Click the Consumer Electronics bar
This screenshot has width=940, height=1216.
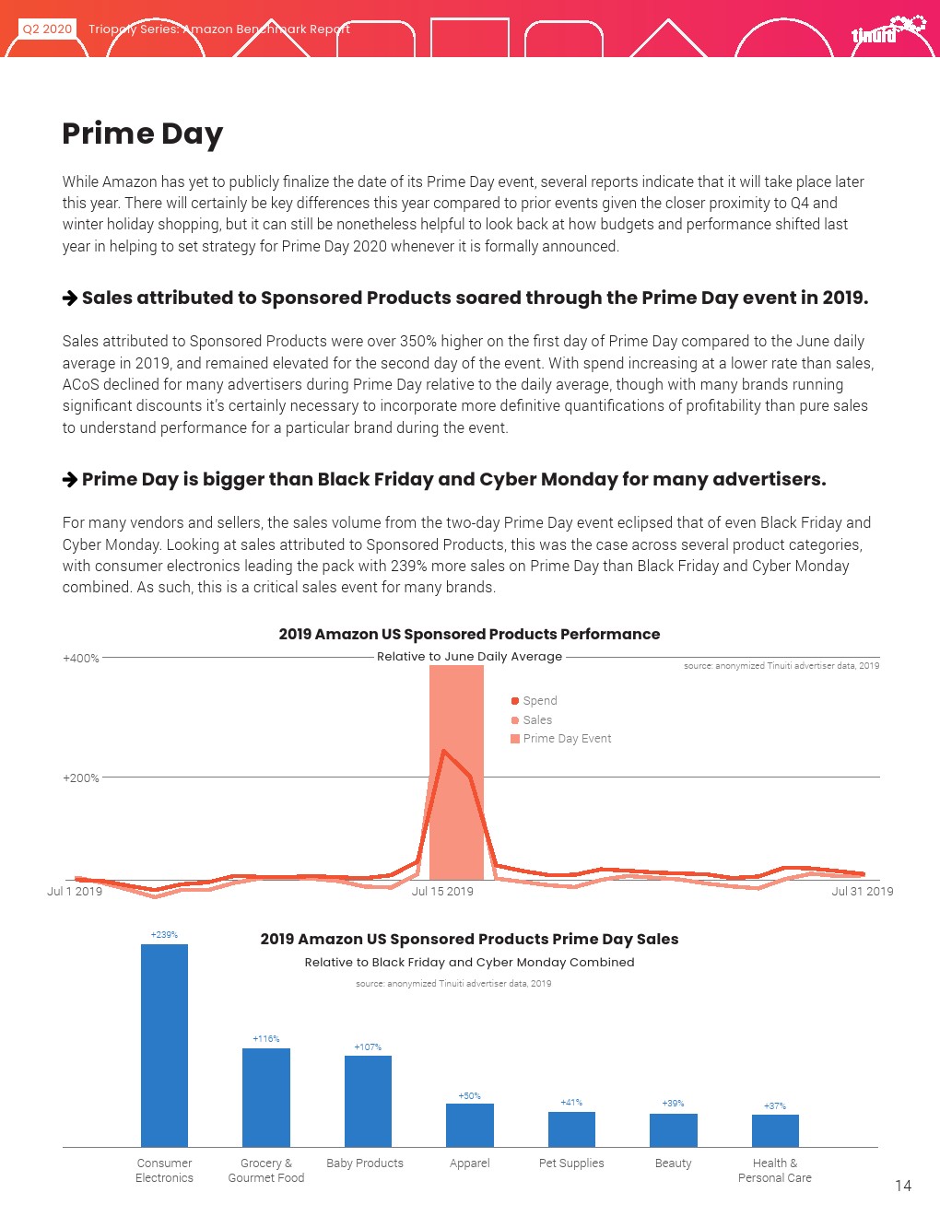tap(164, 1046)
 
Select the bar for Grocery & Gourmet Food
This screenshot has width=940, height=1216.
tap(266, 1097)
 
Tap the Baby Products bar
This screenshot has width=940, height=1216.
tap(368, 1101)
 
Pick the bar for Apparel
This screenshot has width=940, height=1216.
tap(470, 1125)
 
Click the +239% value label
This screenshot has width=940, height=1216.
tap(164, 935)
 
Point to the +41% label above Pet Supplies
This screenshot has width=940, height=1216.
tap(571, 1103)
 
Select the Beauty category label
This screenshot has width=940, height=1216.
tap(673, 1163)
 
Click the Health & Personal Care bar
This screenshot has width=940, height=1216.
tap(775, 1130)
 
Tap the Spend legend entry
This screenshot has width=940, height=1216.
tap(539, 701)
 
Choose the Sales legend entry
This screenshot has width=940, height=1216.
tap(536, 720)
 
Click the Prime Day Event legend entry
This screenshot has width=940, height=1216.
tap(566, 739)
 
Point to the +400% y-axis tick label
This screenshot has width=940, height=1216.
tap(81, 659)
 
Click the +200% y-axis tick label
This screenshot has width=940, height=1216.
tap(81, 778)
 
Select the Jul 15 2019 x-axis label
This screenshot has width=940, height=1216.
tap(442, 892)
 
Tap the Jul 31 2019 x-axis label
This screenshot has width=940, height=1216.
tap(862, 892)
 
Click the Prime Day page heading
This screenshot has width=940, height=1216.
tap(143, 134)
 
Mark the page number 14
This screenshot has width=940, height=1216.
tap(903, 1187)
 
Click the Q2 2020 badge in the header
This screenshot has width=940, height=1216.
tap(47, 29)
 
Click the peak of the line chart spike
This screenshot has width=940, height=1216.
tap(443, 750)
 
